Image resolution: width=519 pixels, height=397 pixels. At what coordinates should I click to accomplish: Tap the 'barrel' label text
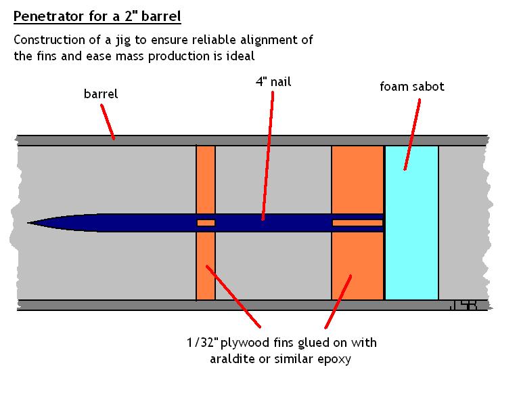[x=100, y=94]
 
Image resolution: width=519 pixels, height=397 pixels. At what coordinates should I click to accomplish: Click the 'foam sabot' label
[x=412, y=87]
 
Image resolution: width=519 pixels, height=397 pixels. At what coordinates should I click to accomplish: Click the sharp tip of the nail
[x=30, y=222]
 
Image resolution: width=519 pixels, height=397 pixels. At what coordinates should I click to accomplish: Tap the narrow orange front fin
[x=206, y=264]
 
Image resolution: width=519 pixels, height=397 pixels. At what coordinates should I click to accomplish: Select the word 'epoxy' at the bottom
[x=334, y=359]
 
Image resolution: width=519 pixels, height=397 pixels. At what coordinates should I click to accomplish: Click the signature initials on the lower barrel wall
[x=463, y=306]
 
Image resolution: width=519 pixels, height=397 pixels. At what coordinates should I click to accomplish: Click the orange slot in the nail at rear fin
[x=357, y=222]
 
